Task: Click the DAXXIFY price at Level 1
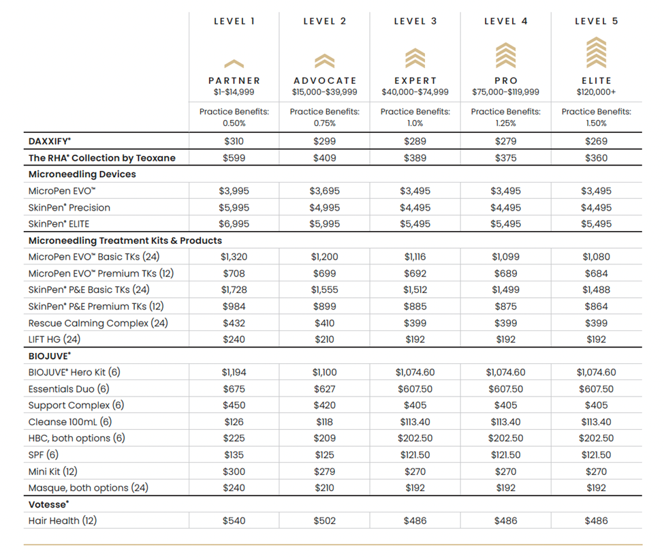[x=234, y=142]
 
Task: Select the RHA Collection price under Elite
[x=596, y=158]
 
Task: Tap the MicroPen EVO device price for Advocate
[x=324, y=191]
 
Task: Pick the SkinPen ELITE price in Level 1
[x=234, y=224]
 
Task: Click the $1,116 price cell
[x=415, y=257]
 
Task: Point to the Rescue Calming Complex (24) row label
[x=98, y=323]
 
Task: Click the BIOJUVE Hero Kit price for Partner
[x=234, y=373]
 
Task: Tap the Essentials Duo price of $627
[x=324, y=389]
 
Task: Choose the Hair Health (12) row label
[x=63, y=521]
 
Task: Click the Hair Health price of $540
[x=234, y=521]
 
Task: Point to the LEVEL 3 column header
[x=415, y=21]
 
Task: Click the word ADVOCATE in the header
[x=324, y=80]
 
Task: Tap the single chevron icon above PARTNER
[x=234, y=63]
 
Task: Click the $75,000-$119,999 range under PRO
[x=505, y=92]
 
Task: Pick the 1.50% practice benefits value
[x=596, y=123]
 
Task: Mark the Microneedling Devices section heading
[x=82, y=174]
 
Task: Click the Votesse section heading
[x=49, y=504]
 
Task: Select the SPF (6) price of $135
[x=234, y=455]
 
